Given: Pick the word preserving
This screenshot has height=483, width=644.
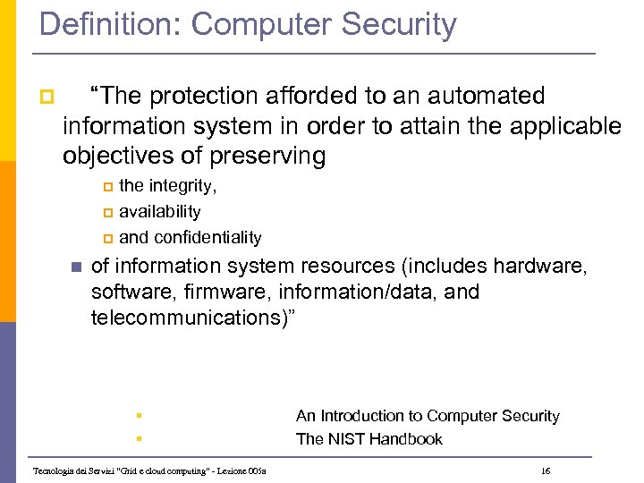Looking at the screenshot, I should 267,157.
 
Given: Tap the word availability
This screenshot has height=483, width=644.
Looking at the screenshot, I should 160,212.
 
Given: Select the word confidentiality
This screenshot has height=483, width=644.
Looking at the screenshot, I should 208,237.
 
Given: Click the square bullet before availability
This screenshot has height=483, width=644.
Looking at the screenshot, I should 108,213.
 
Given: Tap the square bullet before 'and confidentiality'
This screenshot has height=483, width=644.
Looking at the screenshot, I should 108,238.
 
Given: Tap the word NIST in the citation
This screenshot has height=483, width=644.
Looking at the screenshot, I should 345,439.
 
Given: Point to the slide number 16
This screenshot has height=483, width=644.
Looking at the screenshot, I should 547,470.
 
